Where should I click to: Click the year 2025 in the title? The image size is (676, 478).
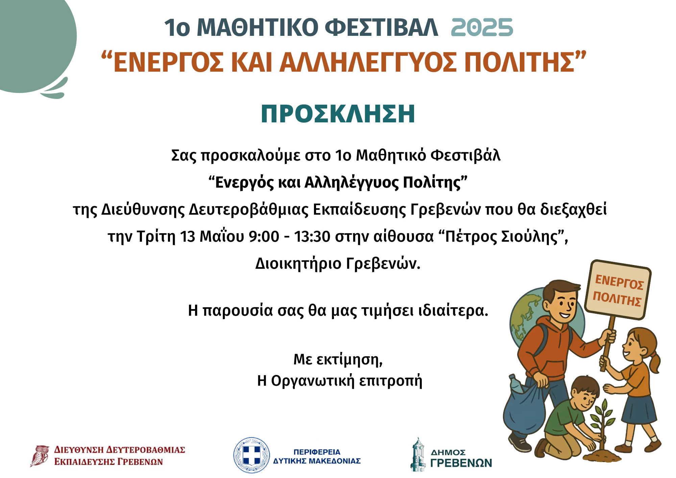[482, 27]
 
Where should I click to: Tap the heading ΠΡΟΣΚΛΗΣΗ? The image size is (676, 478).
[338, 114]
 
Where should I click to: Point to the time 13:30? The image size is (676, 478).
[312, 236]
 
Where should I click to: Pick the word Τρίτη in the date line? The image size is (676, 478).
[156, 236]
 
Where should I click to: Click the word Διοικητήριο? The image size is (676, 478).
[298, 263]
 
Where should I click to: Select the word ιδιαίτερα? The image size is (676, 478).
[453, 310]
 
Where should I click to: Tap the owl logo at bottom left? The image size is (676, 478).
[40, 456]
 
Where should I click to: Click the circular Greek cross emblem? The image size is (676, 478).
[252, 455]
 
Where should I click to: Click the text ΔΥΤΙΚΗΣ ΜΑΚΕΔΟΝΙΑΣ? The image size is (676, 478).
[317, 461]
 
